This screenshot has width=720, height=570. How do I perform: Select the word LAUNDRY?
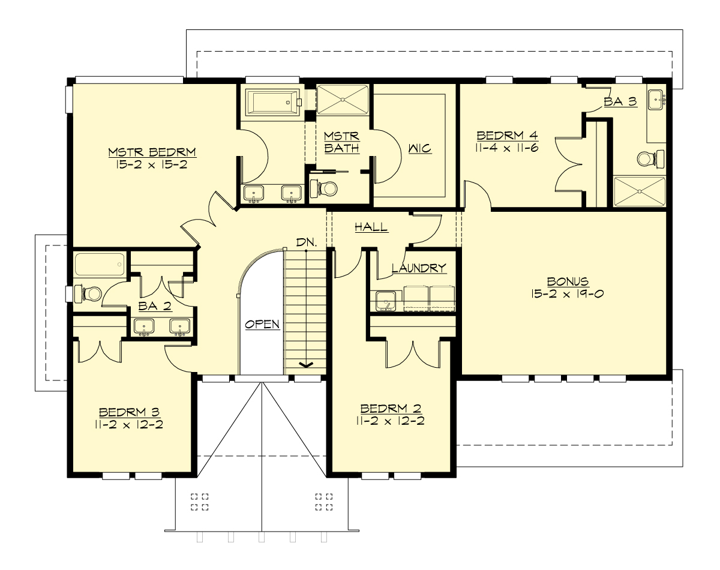419,268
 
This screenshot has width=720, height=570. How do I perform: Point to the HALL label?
371,227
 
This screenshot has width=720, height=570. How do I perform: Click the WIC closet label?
419,148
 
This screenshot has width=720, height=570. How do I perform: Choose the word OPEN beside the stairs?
262,324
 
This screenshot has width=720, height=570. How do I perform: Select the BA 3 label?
620,102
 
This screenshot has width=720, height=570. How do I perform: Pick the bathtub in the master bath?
272,103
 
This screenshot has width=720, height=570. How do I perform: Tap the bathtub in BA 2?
100,263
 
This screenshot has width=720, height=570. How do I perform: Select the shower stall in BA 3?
640,191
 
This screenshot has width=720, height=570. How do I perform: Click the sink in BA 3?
656,99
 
